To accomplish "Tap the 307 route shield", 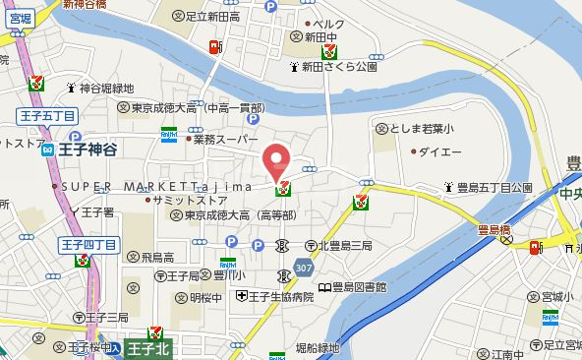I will [303, 268].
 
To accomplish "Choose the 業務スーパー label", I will [223, 140].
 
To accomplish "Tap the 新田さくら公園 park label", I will [339, 68].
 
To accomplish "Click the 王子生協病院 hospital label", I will [280, 297].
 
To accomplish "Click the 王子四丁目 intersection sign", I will [89, 243].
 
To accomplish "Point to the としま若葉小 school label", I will [419, 127].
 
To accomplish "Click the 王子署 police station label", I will [98, 211].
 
